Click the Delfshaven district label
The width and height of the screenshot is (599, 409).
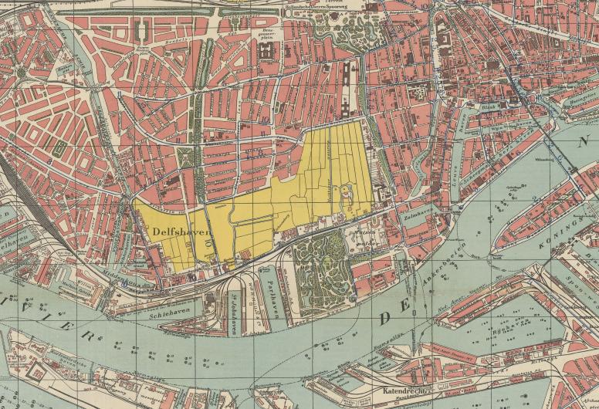pos(171,231)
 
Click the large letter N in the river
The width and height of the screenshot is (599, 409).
pos(586,140)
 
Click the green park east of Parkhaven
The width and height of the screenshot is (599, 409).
pos(324,266)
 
